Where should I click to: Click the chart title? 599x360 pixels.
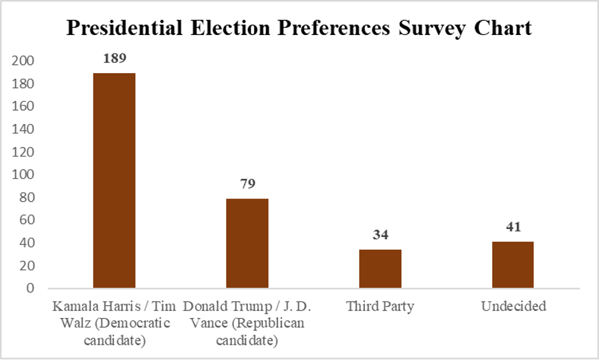299,28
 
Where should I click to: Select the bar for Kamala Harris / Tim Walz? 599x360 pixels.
115,181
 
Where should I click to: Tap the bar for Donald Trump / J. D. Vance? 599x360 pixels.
247,244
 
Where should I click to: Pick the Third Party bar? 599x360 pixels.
380,268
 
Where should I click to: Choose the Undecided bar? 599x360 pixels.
512,265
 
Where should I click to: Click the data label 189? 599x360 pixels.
115,59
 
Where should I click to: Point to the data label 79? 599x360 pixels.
247,184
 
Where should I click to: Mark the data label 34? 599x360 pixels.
380,235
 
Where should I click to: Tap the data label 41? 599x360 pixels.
512,227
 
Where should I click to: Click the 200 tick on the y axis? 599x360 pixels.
24,61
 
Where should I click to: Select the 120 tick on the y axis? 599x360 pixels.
24,152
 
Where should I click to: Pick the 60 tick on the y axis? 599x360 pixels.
26,220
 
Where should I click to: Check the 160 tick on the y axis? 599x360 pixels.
24,106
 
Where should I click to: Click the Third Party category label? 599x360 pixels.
380,307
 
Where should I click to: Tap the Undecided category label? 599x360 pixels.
513,307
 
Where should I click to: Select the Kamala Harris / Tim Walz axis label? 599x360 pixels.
115,323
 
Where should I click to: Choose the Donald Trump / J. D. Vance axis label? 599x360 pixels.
247,323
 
